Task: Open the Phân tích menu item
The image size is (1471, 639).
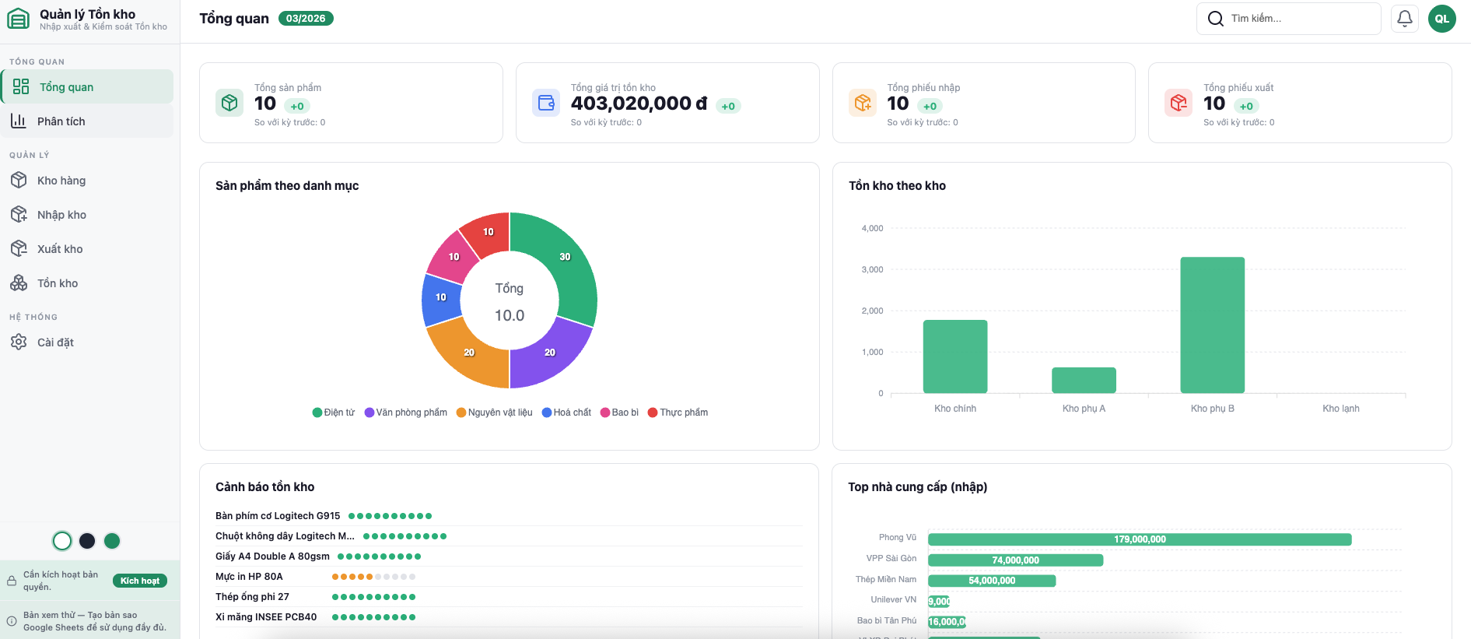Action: pos(61,121)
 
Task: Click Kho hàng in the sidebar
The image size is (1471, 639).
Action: pos(61,181)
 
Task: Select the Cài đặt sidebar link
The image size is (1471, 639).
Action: pos(55,342)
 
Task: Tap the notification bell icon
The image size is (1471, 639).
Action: pos(1404,19)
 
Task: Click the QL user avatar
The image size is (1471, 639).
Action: pos(1441,19)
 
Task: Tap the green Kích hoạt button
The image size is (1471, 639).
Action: pos(140,581)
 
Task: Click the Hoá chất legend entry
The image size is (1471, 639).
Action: pos(566,413)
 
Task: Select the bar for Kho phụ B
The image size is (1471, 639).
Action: pos(1212,325)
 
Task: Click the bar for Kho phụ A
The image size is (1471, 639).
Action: pos(1084,380)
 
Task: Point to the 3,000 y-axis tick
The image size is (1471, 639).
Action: pos(872,269)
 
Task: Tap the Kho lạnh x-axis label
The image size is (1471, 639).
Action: pos(1341,409)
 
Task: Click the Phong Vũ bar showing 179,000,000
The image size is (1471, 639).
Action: pos(1140,539)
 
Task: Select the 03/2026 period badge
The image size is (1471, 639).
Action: pos(306,19)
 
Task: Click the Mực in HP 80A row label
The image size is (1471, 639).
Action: pos(249,577)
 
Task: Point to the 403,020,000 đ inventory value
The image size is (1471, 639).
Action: pos(639,104)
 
